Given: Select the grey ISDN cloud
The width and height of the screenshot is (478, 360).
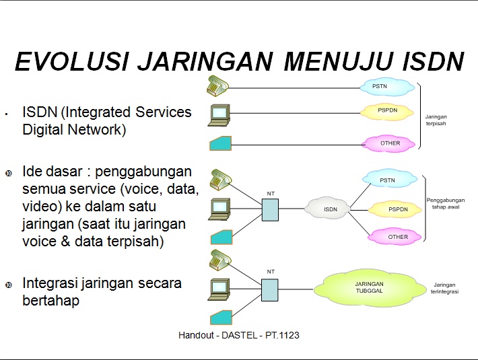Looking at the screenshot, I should [x=330, y=209].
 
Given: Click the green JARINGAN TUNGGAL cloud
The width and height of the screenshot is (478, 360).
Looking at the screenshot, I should [x=369, y=287].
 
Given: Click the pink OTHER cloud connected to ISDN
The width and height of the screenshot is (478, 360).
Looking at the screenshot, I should [x=397, y=237].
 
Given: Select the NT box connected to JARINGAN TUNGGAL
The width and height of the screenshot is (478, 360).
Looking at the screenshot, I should [x=270, y=289].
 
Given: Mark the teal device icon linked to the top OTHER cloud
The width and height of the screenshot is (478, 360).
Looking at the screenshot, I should [x=220, y=143].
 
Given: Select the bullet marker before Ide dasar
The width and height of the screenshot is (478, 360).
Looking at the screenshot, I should [x=8, y=172].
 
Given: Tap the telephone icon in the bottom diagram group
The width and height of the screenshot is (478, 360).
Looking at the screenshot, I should [x=220, y=259].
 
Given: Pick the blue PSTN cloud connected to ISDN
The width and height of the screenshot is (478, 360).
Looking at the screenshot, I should [x=388, y=180].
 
